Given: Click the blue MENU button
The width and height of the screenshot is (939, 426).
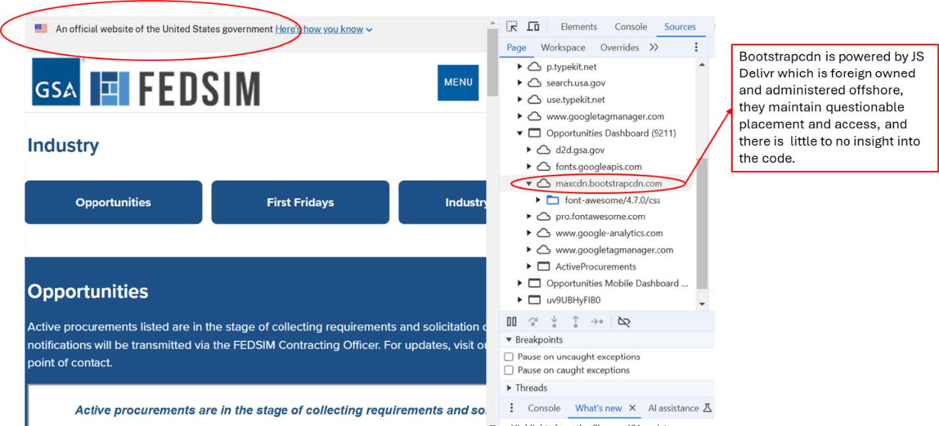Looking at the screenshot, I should [458, 82].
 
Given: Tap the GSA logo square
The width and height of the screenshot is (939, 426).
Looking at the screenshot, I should [56, 82].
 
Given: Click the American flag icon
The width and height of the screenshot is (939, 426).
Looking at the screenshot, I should [41, 28].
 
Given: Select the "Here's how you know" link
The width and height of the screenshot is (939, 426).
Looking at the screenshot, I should [319, 29].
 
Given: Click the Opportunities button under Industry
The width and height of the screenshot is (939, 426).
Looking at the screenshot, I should [113, 202].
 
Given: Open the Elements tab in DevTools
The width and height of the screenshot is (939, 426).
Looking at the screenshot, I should [578, 27].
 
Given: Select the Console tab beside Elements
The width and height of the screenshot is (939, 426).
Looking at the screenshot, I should [631, 27].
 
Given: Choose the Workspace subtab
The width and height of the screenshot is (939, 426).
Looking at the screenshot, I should [562, 47].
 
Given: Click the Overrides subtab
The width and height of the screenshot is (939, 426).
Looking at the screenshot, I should [619, 47].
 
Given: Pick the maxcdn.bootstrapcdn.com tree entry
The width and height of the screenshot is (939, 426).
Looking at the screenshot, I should [608, 183].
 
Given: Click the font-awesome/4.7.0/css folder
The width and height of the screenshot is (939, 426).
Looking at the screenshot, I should [612, 200].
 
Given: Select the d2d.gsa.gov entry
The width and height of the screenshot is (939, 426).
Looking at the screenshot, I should [580, 150].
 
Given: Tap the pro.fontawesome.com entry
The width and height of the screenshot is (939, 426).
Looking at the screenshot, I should [600, 216].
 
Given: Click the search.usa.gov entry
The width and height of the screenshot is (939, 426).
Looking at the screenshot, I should [576, 83].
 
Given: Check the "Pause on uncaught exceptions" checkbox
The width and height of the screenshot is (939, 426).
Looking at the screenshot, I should [509, 356].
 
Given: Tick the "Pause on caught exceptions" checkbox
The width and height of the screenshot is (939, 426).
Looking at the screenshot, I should [509, 370].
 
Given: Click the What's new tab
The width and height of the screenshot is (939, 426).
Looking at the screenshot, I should [598, 408].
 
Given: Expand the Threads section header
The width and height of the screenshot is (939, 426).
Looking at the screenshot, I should [530, 388].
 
